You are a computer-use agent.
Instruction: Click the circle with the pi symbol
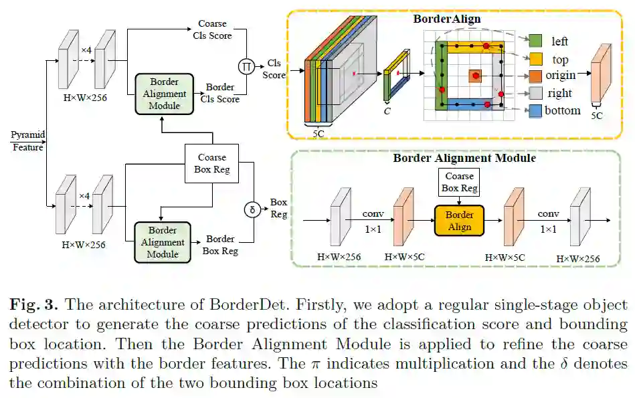pyautogui.click(x=247, y=66)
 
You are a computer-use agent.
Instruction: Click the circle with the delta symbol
pyautogui.click(x=252, y=209)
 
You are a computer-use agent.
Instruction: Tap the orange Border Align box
pyautogui.click(x=459, y=221)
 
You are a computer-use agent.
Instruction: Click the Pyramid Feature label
pyautogui.click(x=28, y=141)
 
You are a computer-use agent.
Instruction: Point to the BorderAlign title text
pyautogui.click(x=447, y=19)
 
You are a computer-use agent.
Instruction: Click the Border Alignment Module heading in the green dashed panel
pyautogui.click(x=464, y=159)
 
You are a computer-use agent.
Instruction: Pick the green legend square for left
pyautogui.click(x=535, y=41)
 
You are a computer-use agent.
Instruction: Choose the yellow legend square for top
pyautogui.click(x=535, y=59)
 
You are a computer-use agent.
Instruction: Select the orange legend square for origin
pyautogui.click(x=535, y=76)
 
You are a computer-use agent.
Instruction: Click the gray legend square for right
pyautogui.click(x=535, y=94)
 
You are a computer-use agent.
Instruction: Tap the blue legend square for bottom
pyautogui.click(x=535, y=111)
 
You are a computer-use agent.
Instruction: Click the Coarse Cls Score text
pyautogui.click(x=212, y=29)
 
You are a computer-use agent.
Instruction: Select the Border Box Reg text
pyautogui.click(x=219, y=245)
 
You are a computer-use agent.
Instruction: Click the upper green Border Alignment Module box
pyautogui.click(x=164, y=92)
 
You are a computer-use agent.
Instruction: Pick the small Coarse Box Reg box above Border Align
pyautogui.click(x=460, y=182)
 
